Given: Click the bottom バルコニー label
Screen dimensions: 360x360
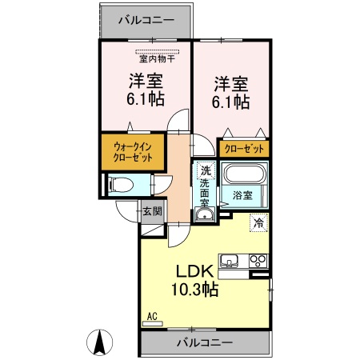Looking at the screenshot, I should [204, 342].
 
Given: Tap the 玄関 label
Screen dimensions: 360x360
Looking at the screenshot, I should [152, 212].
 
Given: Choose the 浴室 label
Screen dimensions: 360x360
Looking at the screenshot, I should [243, 194].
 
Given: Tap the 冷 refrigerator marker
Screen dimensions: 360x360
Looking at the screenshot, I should [258, 224].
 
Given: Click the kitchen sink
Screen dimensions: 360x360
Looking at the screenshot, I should [229, 261].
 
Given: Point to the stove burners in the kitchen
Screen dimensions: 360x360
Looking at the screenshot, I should [258, 260].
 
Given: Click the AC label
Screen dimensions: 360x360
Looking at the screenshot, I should [152, 316].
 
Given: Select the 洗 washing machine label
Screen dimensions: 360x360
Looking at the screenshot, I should [206, 170].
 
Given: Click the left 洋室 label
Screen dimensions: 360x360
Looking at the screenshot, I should [146, 81].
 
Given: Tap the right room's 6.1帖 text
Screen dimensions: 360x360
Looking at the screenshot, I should [230, 102].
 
